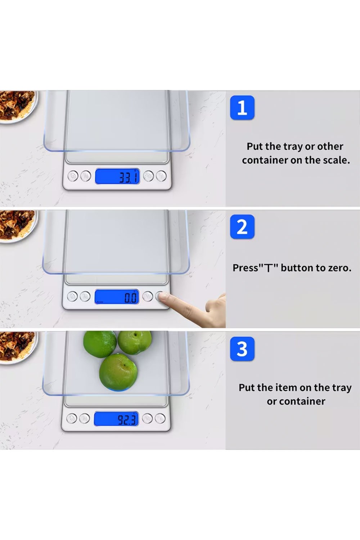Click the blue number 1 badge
coord(242,108)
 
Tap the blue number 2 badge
coord(242,227)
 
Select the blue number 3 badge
coord(242,349)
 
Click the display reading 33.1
coord(117,176)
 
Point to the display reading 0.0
coord(117,297)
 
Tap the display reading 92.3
coord(116,419)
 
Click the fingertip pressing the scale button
coord(162,297)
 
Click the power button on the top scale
coord(73,176)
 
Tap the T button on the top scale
coord(161,176)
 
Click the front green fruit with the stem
coord(118,372)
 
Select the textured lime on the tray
coord(100,344)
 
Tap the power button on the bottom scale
coord(72,418)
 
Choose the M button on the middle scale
coord(85,297)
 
